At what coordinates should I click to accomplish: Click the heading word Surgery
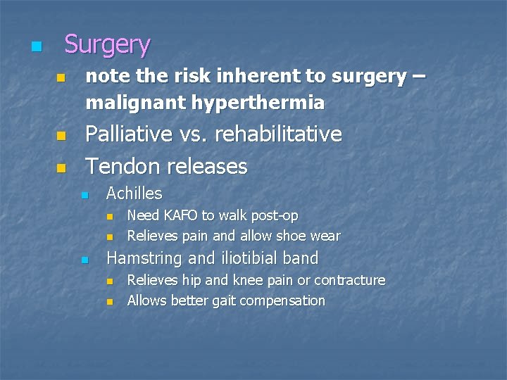coord(107,45)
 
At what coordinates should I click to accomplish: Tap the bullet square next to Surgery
coord(36,47)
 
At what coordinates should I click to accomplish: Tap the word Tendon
coord(116,166)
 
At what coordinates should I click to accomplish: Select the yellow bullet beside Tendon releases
coord(61,168)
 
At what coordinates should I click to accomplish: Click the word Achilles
coord(134,194)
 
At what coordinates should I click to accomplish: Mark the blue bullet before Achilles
coord(84,195)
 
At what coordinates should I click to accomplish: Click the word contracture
coord(349,280)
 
